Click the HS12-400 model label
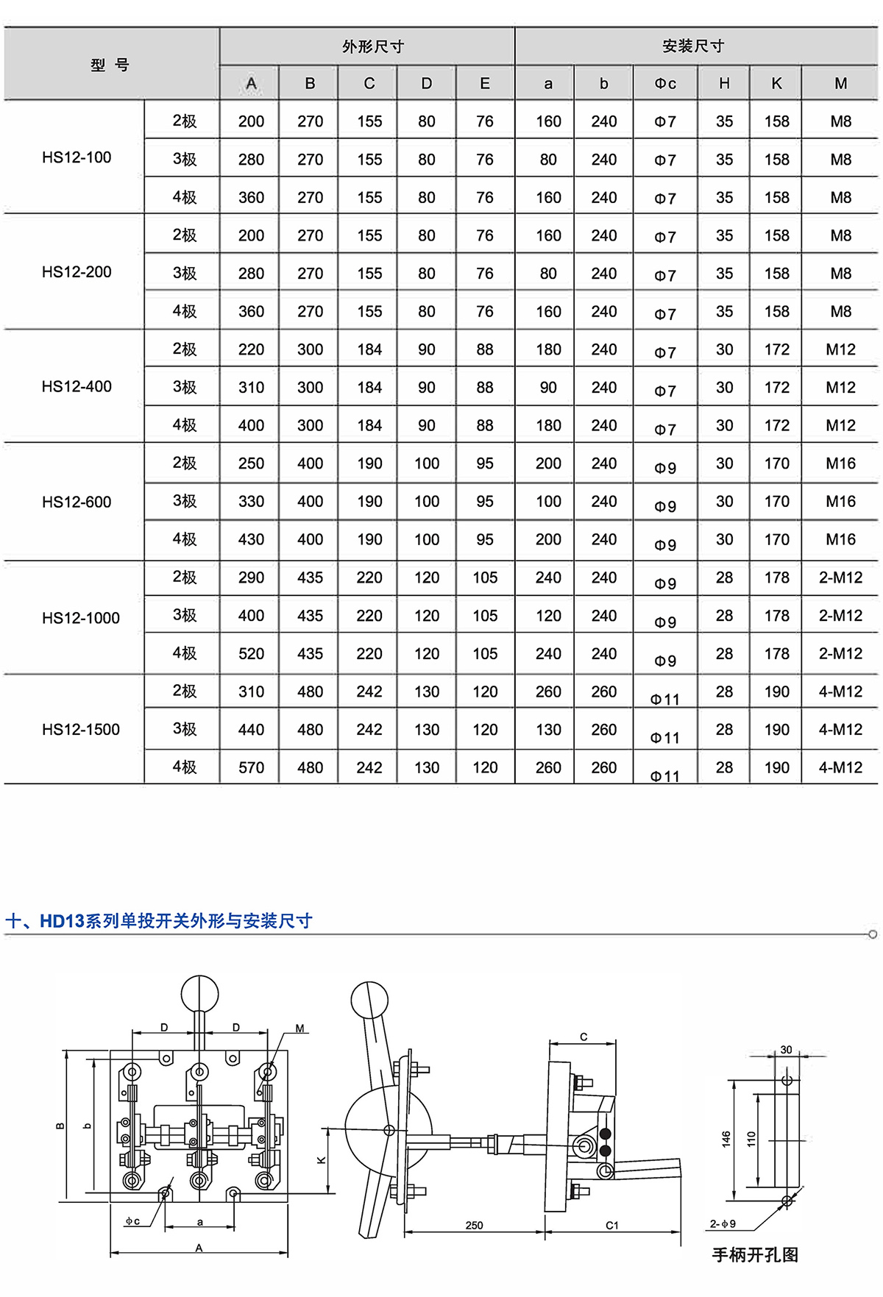[77, 387]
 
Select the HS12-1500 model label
[80, 730]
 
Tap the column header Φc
[665, 84]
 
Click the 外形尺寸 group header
[373, 47]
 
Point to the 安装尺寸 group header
[693, 46]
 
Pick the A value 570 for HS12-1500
[251, 768]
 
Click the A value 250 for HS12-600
[251, 463]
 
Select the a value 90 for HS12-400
[548, 388]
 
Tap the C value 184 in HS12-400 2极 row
[369, 349]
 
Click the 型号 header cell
[110, 65]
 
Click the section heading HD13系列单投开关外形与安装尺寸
[177, 921]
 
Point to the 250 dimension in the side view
[475, 1225]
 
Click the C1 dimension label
[612, 1225]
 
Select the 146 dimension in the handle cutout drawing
[726, 1139]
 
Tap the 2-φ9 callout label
[723, 1224]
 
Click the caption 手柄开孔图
[755, 1255]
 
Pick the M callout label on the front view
[300, 1028]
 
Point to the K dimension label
[321, 1160]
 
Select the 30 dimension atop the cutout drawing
[786, 1050]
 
